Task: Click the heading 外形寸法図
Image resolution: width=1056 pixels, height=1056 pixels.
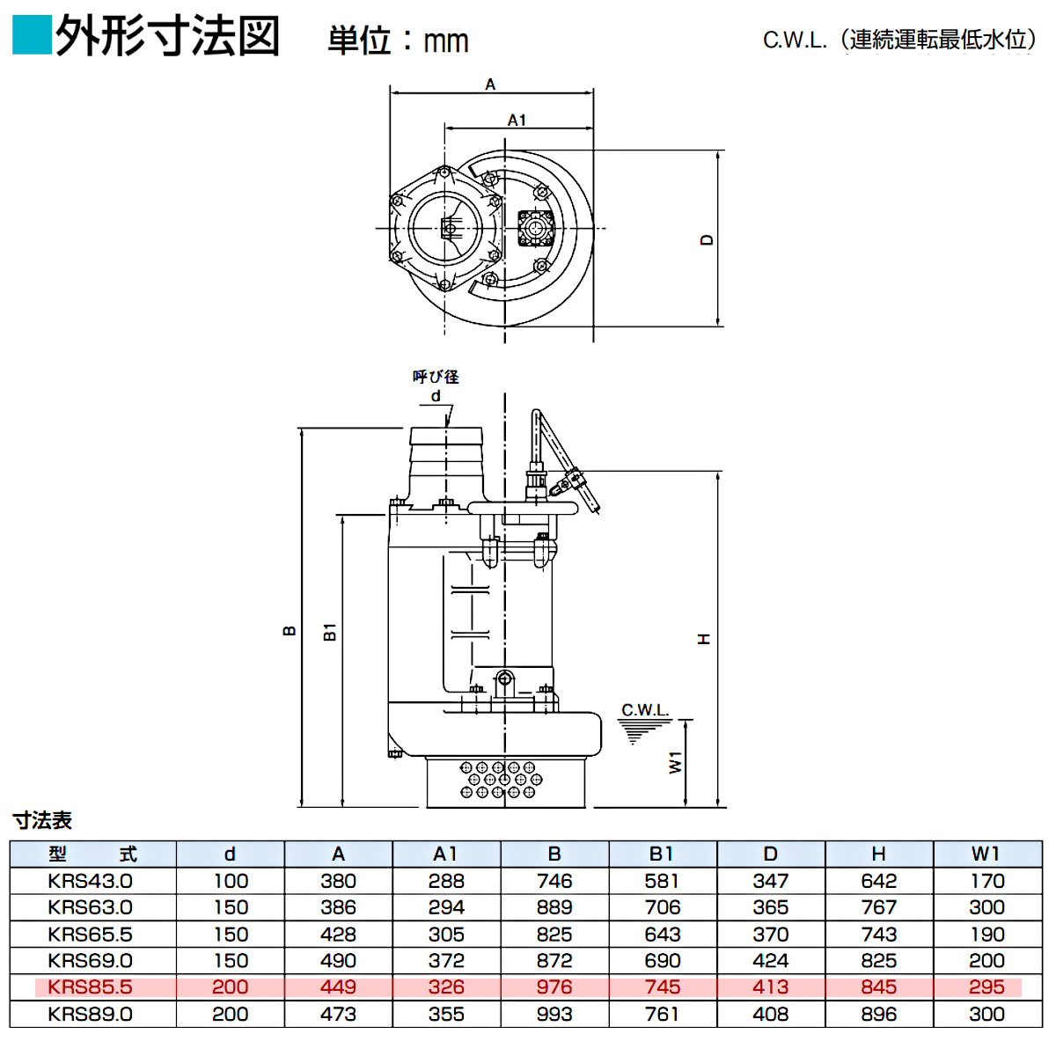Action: (167, 37)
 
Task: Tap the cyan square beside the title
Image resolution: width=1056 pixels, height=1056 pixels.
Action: (32, 36)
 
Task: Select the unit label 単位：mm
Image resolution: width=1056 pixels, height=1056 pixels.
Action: (398, 40)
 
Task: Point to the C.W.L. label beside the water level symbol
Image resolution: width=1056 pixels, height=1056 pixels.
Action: (645, 710)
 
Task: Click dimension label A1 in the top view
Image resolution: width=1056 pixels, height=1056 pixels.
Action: (517, 120)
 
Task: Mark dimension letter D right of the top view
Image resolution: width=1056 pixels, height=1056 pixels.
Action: (707, 239)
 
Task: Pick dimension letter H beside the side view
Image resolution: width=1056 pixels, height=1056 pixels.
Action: (703, 639)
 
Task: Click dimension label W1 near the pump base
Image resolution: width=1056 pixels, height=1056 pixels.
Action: (675, 762)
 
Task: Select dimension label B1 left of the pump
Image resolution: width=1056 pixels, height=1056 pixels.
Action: (330, 631)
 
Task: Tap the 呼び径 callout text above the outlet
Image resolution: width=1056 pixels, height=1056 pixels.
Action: (436, 377)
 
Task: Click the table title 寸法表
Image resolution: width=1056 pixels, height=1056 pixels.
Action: (42, 820)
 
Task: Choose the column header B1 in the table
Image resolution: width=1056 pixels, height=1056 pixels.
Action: (662, 854)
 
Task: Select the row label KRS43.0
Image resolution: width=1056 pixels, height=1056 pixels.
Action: (91, 881)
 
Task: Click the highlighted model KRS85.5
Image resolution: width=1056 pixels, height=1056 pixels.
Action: (91, 987)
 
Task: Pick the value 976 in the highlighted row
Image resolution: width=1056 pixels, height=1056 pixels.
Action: (554, 987)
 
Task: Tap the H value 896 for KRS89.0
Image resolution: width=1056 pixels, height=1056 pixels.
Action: (878, 1014)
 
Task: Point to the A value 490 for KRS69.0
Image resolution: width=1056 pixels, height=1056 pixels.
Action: (338, 961)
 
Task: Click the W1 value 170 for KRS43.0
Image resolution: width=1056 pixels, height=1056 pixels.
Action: (986, 881)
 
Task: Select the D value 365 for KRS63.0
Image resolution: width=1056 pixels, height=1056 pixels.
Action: (770, 907)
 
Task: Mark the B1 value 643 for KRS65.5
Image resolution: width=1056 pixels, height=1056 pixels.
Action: (662, 935)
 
